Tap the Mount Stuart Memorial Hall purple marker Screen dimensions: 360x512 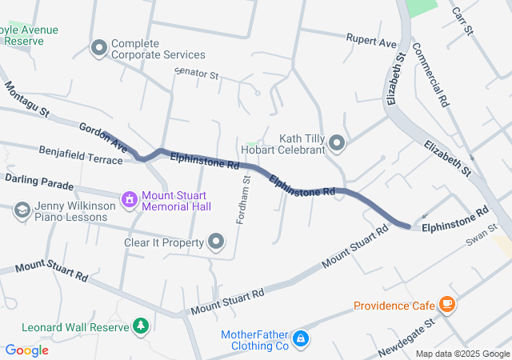[128, 198]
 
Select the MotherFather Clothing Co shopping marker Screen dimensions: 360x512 [300, 338]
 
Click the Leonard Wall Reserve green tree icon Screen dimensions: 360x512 [142, 326]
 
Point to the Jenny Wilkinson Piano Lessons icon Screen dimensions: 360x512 [22, 210]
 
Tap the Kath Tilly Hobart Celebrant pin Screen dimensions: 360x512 [337, 143]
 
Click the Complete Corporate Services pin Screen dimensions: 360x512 [99, 49]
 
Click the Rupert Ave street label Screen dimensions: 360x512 [371, 38]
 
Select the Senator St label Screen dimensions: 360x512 [197, 74]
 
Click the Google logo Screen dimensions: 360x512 [26, 350]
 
